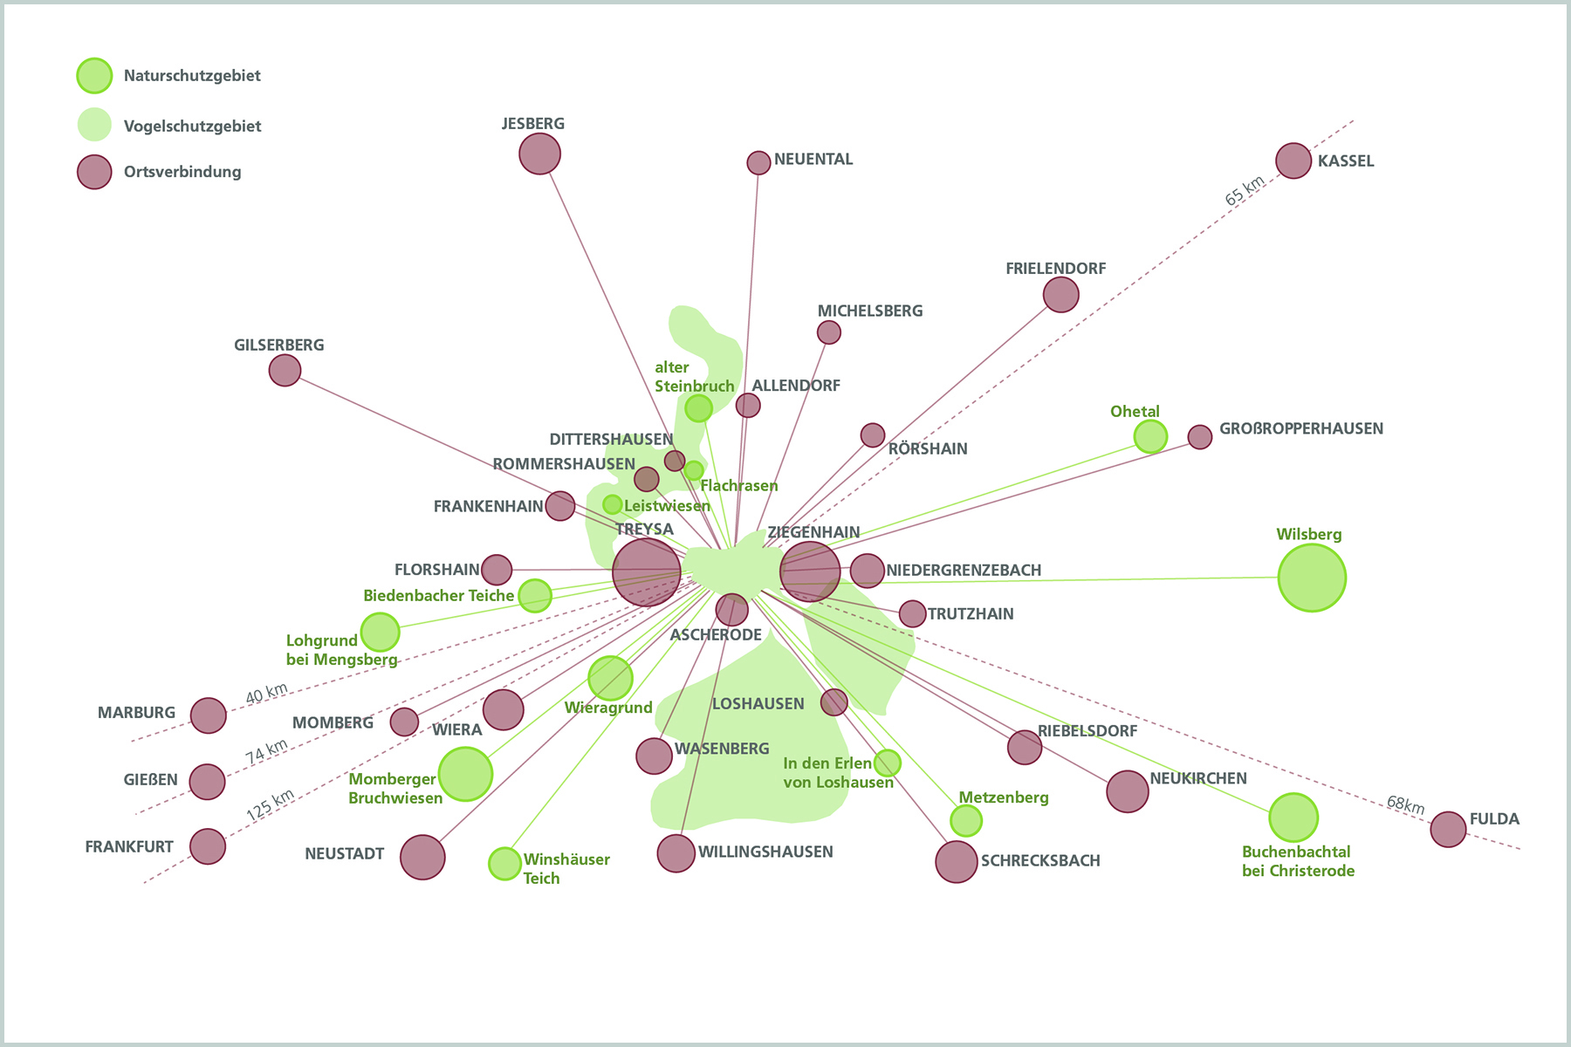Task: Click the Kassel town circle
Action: [x=1293, y=161]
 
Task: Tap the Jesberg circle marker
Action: [x=539, y=154]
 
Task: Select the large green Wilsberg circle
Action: [x=1312, y=578]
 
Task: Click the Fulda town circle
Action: [x=1448, y=829]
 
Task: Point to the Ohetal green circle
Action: [x=1150, y=436]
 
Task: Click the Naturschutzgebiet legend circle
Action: [x=94, y=76]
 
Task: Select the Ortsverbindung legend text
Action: [x=182, y=172]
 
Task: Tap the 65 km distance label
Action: [x=1245, y=191]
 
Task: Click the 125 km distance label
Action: [x=270, y=804]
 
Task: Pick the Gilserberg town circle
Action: [x=285, y=370]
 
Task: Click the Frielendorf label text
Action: [x=1055, y=269]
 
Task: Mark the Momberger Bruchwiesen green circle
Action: [x=465, y=774]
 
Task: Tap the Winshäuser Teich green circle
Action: [x=504, y=864]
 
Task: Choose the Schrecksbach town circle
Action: [x=957, y=862]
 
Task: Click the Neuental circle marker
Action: [x=758, y=162]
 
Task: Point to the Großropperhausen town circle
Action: [x=1200, y=436]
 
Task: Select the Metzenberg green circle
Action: [x=966, y=820]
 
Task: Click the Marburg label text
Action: [x=136, y=713]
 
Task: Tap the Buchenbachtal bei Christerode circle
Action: [x=1293, y=818]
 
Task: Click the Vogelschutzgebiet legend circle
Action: [x=94, y=125]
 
